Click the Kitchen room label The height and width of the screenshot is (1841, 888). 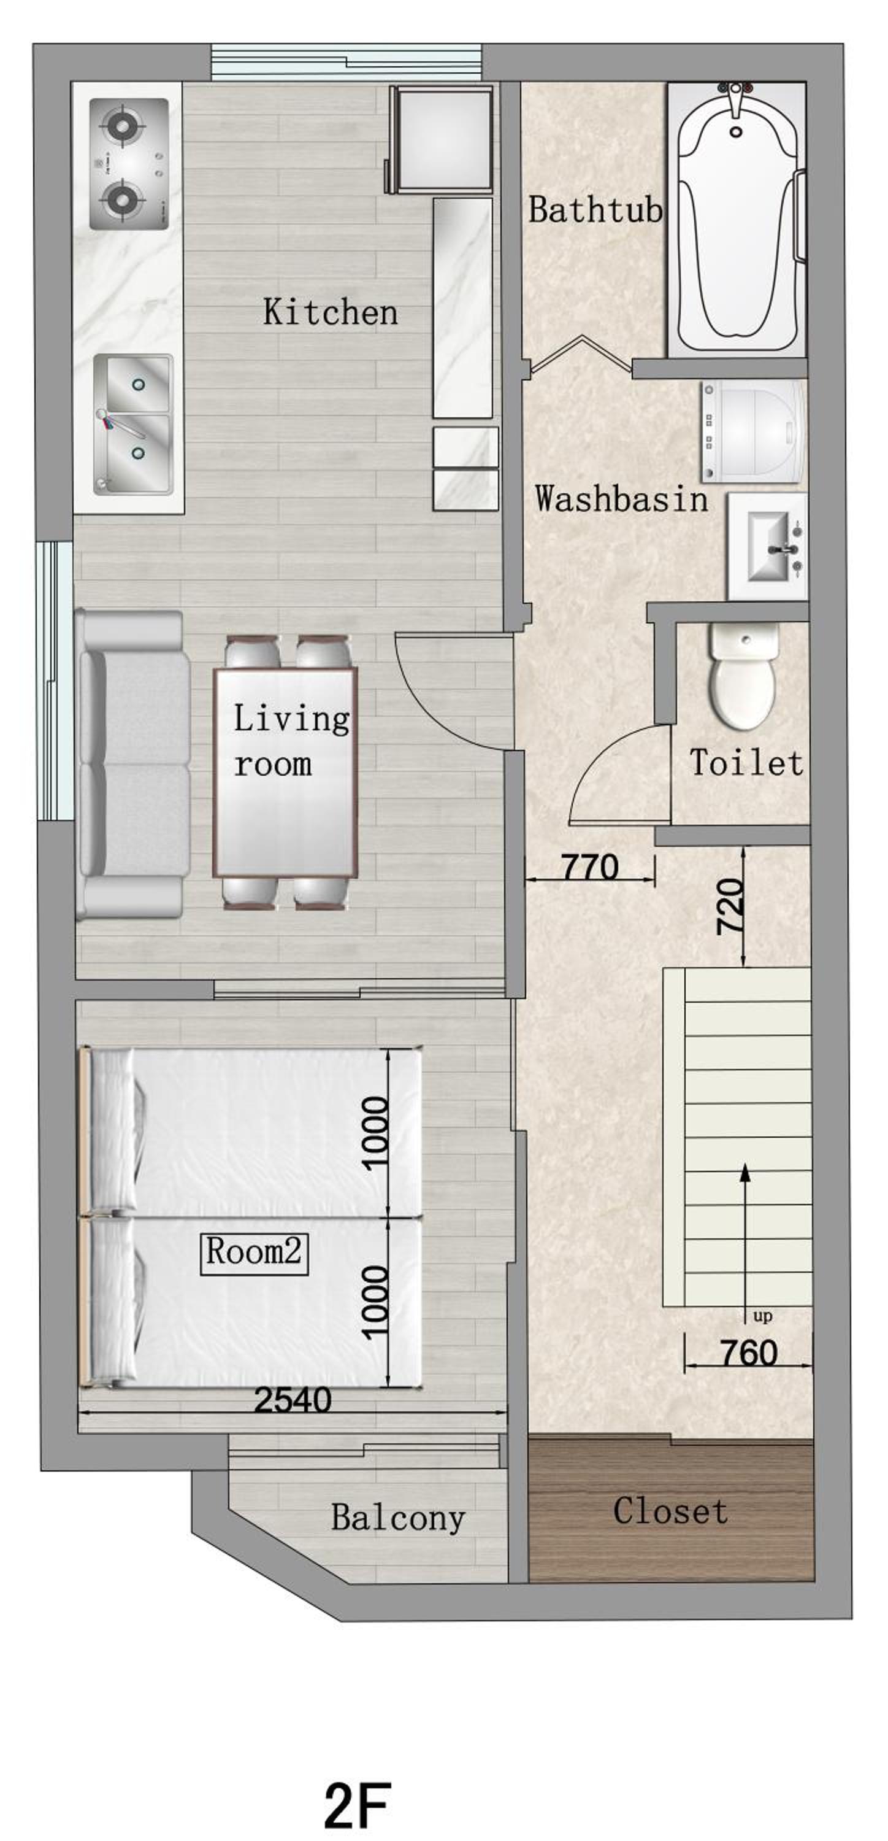(x=330, y=312)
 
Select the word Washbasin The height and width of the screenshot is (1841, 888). (x=621, y=498)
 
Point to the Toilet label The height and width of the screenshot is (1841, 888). (x=746, y=763)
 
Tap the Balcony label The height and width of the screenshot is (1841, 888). (x=398, y=1517)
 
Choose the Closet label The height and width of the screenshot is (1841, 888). (x=670, y=1511)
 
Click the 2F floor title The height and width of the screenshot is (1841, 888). (x=357, y=1805)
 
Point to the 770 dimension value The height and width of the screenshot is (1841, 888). (x=590, y=868)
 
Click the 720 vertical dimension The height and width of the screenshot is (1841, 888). (x=730, y=907)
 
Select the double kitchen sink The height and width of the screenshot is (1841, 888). (x=134, y=425)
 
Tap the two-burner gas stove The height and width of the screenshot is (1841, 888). (x=129, y=164)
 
